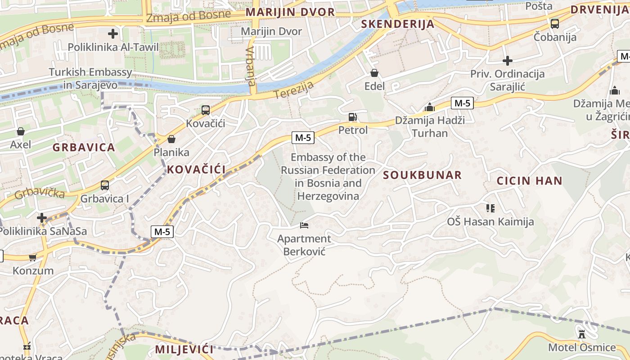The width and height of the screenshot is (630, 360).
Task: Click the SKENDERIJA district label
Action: (398, 24)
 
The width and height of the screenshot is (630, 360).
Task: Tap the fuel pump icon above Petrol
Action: (353, 117)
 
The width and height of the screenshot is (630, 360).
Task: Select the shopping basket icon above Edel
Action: (374, 73)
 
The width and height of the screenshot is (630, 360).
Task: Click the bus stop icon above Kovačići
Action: (206, 110)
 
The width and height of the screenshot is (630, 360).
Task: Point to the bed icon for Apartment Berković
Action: (304, 225)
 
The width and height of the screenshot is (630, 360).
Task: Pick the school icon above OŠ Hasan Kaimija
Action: (490, 208)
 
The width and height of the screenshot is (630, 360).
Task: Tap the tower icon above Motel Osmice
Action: (582, 334)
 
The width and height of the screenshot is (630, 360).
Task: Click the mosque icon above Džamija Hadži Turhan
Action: (430, 107)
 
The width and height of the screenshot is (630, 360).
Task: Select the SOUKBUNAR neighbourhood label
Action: (422, 175)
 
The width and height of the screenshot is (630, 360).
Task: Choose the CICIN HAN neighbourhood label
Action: (529, 181)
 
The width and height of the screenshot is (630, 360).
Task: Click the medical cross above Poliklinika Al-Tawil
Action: (113, 34)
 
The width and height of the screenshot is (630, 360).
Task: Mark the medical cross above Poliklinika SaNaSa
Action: (42, 218)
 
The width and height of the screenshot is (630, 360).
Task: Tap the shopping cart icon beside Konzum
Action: (32, 258)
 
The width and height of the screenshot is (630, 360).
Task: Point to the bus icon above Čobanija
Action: (555, 24)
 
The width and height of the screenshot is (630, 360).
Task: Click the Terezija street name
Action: (293, 88)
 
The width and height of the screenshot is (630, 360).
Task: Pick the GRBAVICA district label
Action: (84, 147)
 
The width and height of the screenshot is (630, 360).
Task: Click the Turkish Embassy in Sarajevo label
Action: (90, 78)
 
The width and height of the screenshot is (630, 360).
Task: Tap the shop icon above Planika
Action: (171, 139)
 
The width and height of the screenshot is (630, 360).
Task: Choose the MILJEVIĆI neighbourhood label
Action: (184, 349)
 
